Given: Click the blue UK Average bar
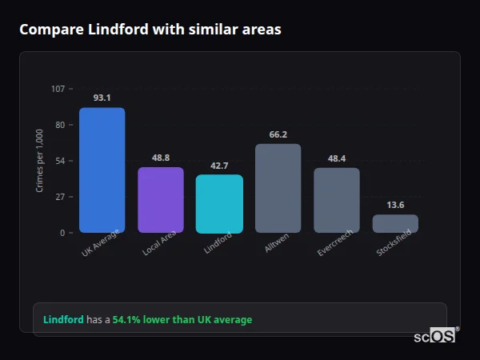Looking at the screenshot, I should pyautogui.click(x=102, y=170).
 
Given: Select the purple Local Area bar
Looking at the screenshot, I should pyautogui.click(x=161, y=200).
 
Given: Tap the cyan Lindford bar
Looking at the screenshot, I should pyautogui.click(x=219, y=204).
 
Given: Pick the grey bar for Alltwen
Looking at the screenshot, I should pyautogui.click(x=278, y=189).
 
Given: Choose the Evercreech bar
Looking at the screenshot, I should pyautogui.click(x=336, y=200).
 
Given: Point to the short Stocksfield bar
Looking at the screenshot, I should pyautogui.click(x=395, y=223).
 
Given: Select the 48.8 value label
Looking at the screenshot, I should pyautogui.click(x=161, y=158).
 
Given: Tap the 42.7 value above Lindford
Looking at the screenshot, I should pyautogui.click(x=219, y=166).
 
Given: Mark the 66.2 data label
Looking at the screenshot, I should pyautogui.click(x=278, y=134).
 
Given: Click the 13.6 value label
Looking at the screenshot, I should pyautogui.click(x=395, y=205).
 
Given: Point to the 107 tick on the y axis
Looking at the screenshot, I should pyautogui.click(x=58, y=89).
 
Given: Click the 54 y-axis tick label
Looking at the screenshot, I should pyautogui.click(x=60, y=161).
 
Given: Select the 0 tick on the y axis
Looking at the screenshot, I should pyautogui.click(x=62, y=233).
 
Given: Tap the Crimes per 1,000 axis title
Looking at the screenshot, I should pyautogui.click(x=39, y=161).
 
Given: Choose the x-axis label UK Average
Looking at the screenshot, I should pyautogui.click(x=101, y=244).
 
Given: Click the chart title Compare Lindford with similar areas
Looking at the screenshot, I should pyautogui.click(x=150, y=30).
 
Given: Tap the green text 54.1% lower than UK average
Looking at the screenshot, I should pyautogui.click(x=182, y=320).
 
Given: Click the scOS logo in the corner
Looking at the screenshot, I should pyautogui.click(x=434, y=336).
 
